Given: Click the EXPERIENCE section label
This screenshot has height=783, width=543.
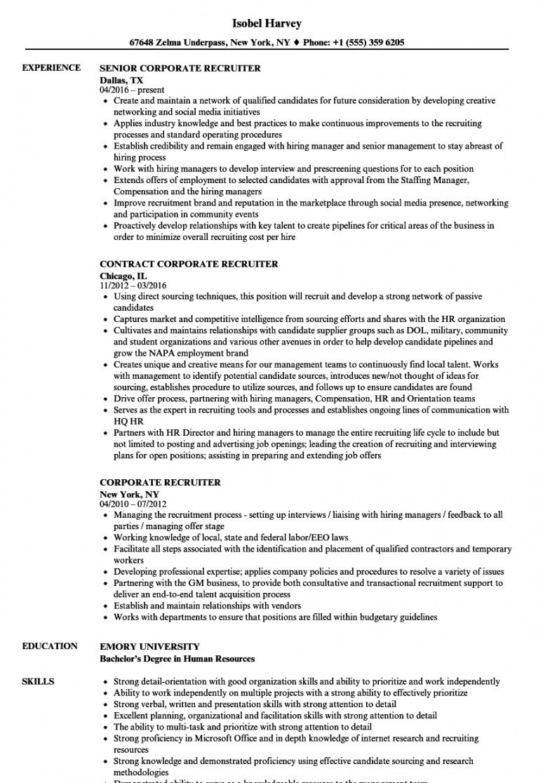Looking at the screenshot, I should coord(51,68).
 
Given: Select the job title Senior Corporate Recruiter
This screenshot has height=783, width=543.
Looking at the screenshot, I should coord(180,69).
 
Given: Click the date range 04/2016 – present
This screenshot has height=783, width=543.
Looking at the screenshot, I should coord(132,90).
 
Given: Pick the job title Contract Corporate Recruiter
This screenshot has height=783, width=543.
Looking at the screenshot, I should coord(189,265).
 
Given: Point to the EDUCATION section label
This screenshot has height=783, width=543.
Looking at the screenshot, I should coord(50,646).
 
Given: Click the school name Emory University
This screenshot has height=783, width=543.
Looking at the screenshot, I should coord(150,647).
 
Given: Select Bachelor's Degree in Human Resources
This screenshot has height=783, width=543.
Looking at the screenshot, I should coord(177,659).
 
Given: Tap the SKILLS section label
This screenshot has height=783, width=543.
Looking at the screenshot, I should coord(39,681).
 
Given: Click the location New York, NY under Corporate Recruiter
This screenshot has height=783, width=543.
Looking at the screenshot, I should coord(129,494).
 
